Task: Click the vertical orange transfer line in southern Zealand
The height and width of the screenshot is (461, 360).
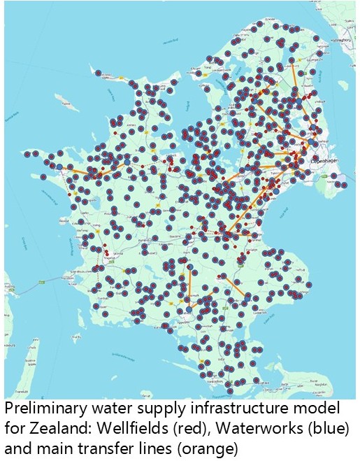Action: (189, 287)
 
